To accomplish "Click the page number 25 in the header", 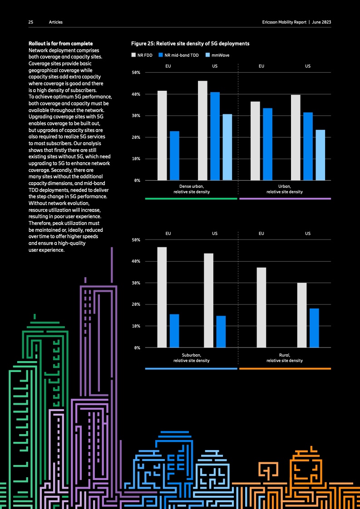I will point(31,22).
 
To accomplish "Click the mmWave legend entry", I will point(217,55).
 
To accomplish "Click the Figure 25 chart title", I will point(190,44).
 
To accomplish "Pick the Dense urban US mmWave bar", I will point(227,147).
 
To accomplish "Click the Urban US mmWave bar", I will point(320,155).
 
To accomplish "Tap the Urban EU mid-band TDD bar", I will point(267,144).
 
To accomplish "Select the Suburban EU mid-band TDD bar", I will point(174,331).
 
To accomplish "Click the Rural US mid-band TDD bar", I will point(314,328).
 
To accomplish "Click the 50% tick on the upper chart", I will point(136,73).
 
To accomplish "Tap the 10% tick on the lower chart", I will point(136,326).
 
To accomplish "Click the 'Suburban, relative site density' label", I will point(191,357).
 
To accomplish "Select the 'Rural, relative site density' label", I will point(284,357).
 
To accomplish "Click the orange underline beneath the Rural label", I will point(285,369).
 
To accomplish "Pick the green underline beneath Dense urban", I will point(191,199).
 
